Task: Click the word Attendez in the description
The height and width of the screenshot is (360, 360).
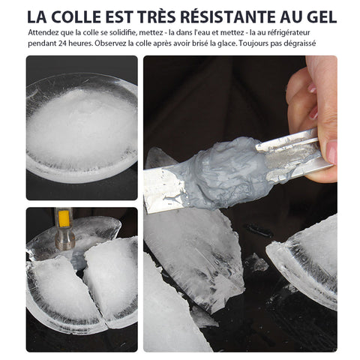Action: pyautogui.click(x=40, y=32)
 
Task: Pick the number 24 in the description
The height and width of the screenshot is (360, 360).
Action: pyautogui.click(x=62, y=43)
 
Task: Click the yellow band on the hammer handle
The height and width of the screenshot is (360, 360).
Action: pyautogui.click(x=64, y=218)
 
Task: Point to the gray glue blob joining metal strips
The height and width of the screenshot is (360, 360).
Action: pyautogui.click(x=229, y=173)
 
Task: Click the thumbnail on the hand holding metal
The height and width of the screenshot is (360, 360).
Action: pyautogui.click(x=331, y=151)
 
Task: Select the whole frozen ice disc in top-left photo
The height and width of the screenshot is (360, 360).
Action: pyautogui.click(x=82, y=127)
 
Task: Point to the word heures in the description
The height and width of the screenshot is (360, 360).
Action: pyautogui.click(x=79, y=43)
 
